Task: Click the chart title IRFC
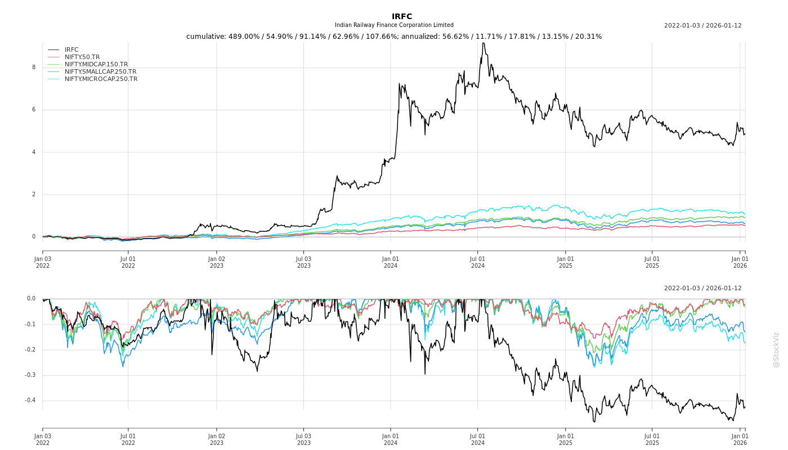[x=402, y=16]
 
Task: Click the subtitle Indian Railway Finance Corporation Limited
[x=394, y=25]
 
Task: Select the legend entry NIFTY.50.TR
[x=82, y=57]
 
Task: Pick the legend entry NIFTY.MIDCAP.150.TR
[x=96, y=65]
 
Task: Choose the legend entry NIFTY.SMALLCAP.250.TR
[x=100, y=72]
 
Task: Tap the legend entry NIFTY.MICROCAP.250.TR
[x=101, y=79]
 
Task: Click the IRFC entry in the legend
[x=71, y=50]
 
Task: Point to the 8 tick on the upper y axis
[x=33, y=67]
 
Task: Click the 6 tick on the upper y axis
[x=33, y=110]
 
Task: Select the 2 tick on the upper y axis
[x=33, y=195]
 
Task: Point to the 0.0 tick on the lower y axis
[x=31, y=299]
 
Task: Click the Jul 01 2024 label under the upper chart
[x=477, y=262]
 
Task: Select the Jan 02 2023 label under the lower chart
[x=217, y=439]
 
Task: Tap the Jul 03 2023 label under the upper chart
[x=303, y=262]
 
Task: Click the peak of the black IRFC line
[x=483, y=43]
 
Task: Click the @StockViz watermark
[x=776, y=349]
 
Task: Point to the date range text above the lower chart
[x=702, y=289]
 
